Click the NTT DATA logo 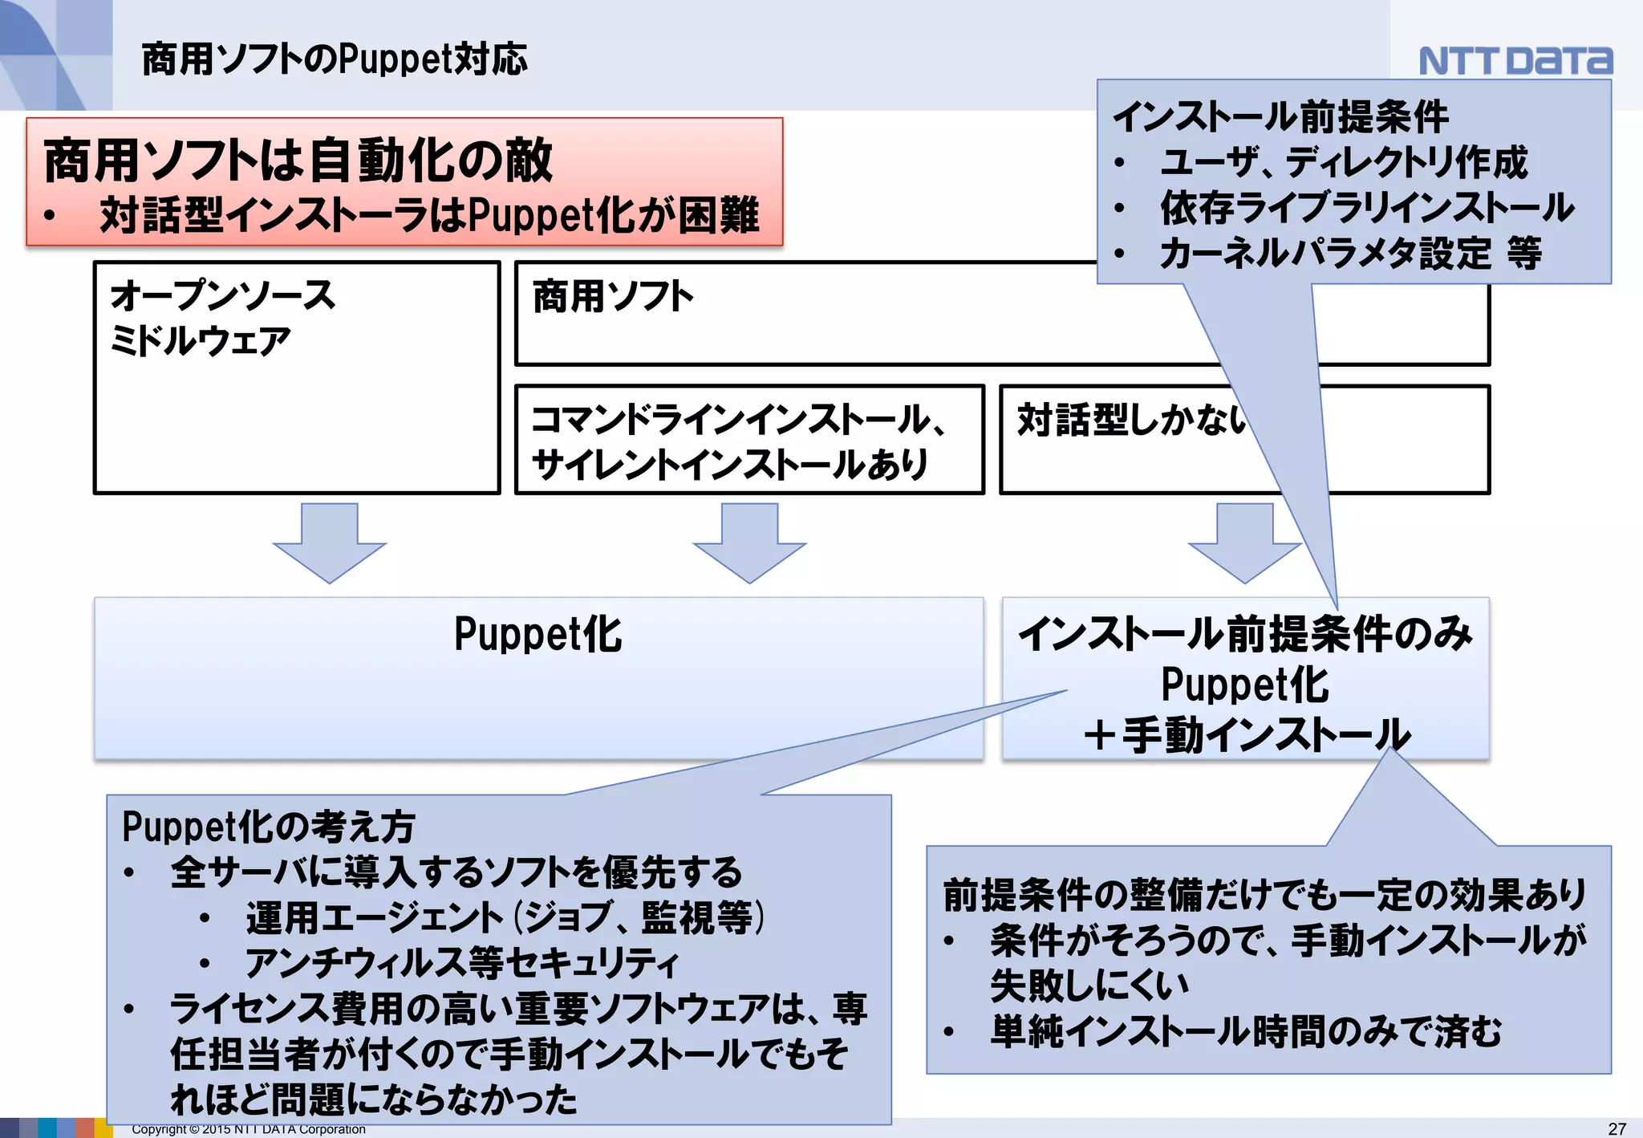tap(1515, 61)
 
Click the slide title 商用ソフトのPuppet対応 tap(335, 59)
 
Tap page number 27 tap(1617, 1128)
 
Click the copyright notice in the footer tap(249, 1129)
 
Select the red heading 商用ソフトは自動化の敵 tap(298, 160)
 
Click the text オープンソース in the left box tap(222, 295)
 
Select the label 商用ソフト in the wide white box tap(613, 296)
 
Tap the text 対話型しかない tap(1131, 420)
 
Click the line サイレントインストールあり tap(728, 465)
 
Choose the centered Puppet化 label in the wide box tap(538, 635)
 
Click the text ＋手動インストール tap(1245, 734)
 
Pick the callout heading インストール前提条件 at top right tap(1280, 117)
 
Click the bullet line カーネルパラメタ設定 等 tap(1350, 254)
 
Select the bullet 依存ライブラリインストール tap(1367, 208)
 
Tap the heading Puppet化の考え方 tap(268, 827)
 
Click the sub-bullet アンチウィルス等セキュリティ tap(462, 963)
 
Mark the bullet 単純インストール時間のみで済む tap(1245, 1032)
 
